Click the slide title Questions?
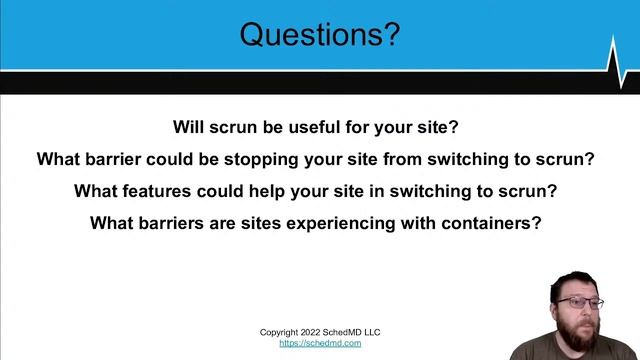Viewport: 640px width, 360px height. tap(320, 35)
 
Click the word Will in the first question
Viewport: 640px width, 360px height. tap(188, 127)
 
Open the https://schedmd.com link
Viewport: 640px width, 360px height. tap(320, 343)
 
